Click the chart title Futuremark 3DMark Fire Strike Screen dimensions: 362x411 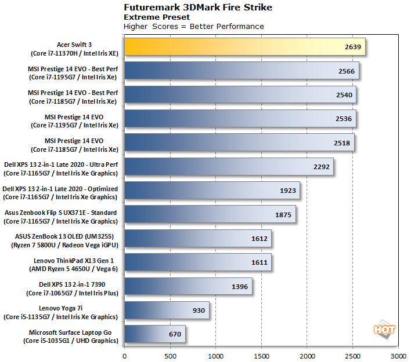point(190,8)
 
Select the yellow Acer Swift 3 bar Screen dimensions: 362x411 point(244,46)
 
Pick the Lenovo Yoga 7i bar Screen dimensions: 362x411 point(167,310)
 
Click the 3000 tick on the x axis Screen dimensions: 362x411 point(398,355)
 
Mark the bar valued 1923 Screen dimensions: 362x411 point(212,190)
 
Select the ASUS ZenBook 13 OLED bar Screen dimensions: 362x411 point(197,238)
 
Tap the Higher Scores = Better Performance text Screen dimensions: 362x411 point(194,26)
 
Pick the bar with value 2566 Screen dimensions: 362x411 point(241,71)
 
